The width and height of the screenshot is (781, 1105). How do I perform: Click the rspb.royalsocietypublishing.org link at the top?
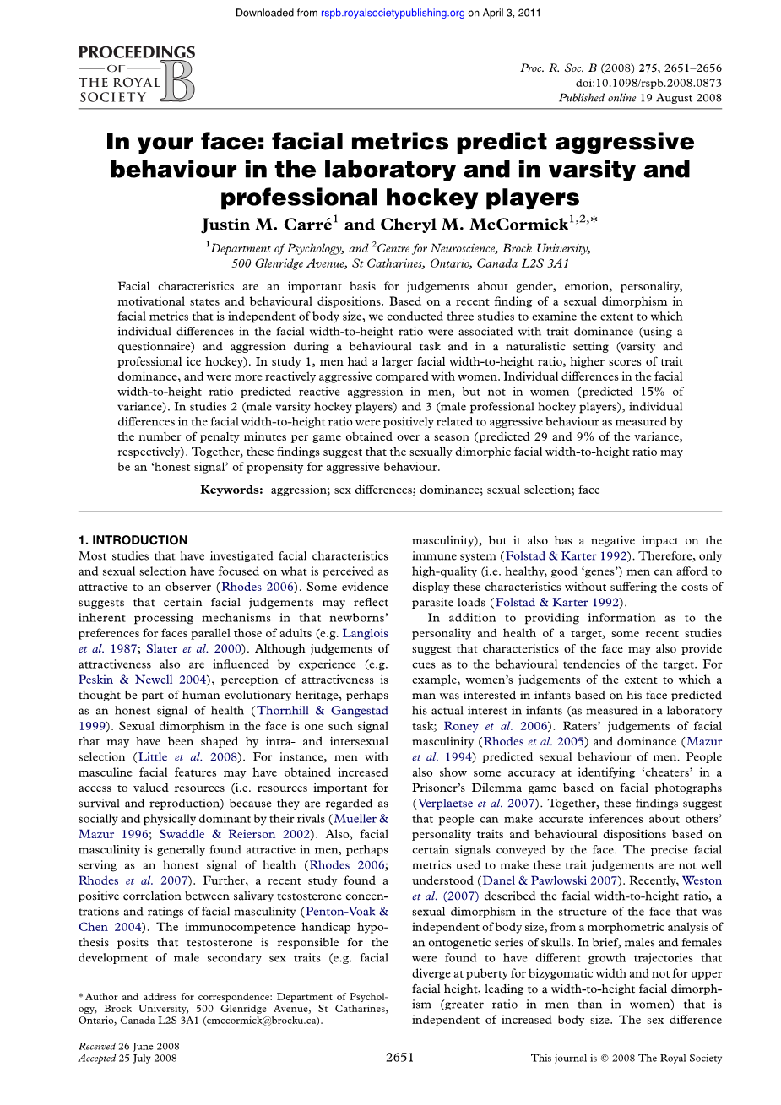coord(393,13)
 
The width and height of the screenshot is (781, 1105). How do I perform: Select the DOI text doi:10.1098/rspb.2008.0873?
coord(648,83)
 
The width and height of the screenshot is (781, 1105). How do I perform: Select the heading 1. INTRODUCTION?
coord(133,540)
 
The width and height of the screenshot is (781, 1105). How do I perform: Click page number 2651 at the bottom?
coord(399,1057)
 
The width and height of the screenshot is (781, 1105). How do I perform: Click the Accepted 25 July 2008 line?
coord(127,1058)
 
